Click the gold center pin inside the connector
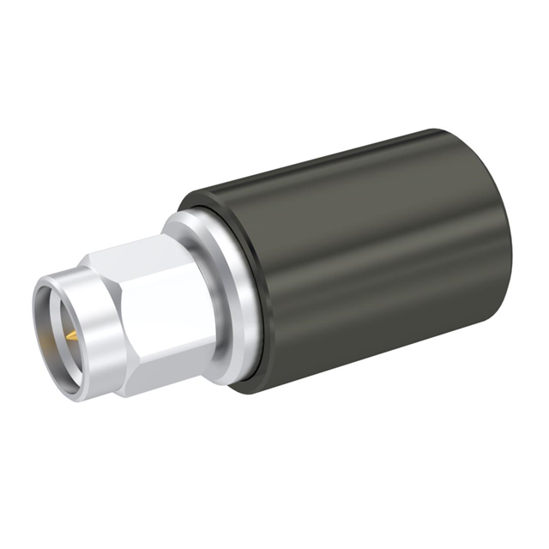tap(72, 332)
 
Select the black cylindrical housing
tap(360, 257)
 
